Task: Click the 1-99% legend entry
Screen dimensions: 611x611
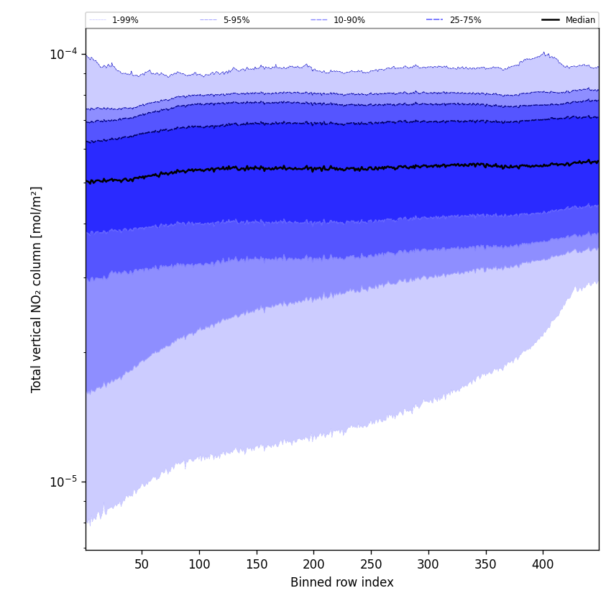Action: [125, 20]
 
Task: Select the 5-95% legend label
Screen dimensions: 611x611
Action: [236, 20]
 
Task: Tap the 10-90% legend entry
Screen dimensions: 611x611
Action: [349, 20]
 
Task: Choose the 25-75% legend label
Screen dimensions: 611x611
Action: [465, 20]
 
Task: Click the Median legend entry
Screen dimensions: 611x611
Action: [580, 20]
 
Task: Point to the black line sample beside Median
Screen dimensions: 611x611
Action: [551, 20]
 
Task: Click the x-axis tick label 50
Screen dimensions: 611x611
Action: [142, 564]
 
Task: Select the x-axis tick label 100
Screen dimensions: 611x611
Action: [199, 564]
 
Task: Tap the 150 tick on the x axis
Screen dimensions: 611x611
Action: [257, 564]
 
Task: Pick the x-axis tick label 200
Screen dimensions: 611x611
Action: [313, 564]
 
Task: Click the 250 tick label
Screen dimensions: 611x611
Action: [371, 564]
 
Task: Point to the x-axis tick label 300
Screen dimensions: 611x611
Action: [428, 564]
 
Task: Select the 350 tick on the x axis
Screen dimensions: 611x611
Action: [486, 564]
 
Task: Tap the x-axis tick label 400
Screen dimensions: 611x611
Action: [543, 564]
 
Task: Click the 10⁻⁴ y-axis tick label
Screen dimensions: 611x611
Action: [63, 54]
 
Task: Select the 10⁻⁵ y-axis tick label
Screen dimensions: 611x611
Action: [63, 482]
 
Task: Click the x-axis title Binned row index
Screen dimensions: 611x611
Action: [342, 582]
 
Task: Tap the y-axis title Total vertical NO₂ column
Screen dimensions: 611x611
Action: [37, 289]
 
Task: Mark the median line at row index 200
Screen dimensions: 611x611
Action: [313, 168]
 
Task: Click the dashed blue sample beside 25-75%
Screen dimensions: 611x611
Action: [434, 20]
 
